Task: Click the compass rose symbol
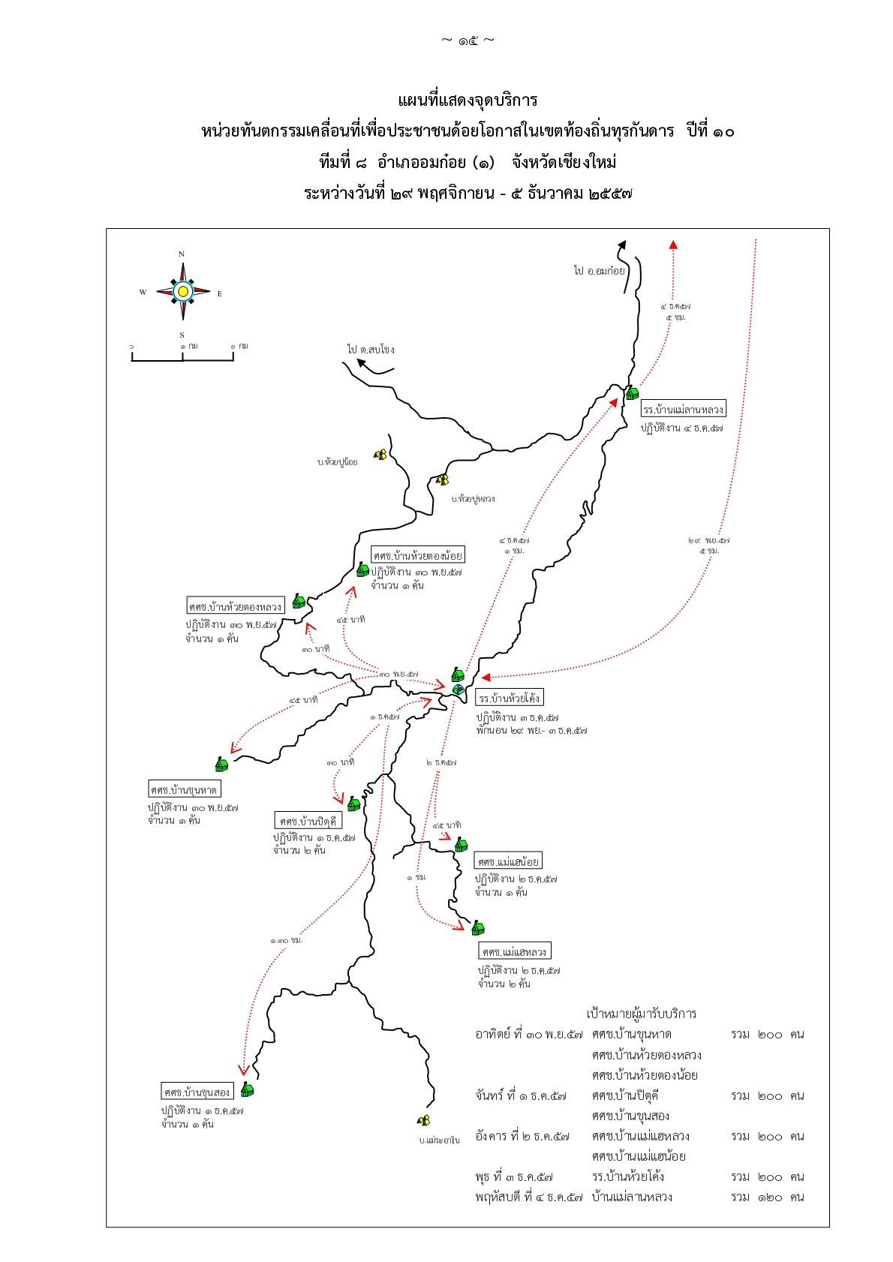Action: [x=182, y=291]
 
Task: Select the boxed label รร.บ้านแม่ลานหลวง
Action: [x=684, y=410]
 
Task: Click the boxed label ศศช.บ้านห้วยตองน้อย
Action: [x=418, y=555]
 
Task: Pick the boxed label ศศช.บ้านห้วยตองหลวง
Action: [x=236, y=605]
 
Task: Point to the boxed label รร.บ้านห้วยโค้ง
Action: [x=510, y=699]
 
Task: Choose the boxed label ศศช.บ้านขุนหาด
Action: [x=185, y=789]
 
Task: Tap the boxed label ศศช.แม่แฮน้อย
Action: [x=508, y=861]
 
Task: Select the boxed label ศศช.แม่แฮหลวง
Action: [x=514, y=951]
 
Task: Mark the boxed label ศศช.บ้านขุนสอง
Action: [x=197, y=1090]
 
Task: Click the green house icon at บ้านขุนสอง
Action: [x=247, y=1089]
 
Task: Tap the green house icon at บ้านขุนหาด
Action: [x=221, y=764]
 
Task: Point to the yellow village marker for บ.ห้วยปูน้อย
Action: [x=381, y=455]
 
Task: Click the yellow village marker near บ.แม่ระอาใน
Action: [x=424, y=1120]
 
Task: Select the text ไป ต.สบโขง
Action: [x=371, y=350]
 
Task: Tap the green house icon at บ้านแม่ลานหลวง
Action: [x=632, y=392]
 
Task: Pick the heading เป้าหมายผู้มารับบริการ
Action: [x=642, y=1014]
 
